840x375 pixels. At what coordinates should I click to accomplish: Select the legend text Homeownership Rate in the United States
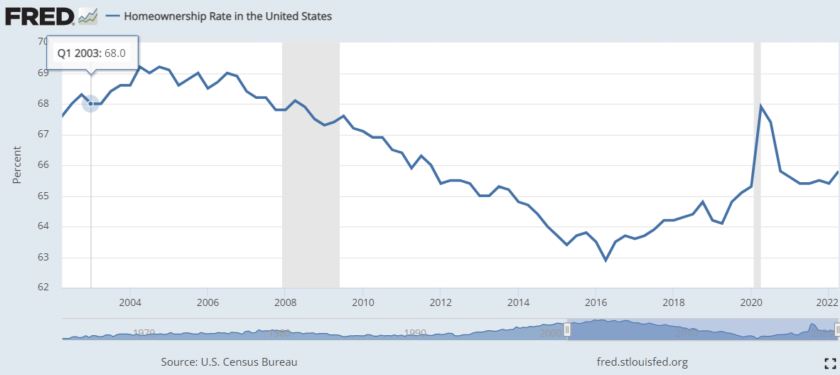227,16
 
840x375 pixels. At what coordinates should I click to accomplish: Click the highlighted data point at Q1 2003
91,104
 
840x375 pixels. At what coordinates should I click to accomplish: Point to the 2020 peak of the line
760,106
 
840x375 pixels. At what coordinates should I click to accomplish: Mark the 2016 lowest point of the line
605,260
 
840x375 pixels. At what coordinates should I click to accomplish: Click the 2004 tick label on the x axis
130,301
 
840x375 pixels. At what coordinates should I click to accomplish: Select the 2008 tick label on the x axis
285,301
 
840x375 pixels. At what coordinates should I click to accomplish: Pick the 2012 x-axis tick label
441,301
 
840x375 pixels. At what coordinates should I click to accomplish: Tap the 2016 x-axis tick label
596,301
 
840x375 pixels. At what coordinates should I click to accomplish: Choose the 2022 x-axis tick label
826,301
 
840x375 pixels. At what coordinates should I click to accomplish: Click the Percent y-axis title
17,165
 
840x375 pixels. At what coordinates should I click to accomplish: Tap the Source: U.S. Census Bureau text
229,362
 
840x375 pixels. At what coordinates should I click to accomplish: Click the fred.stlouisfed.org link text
642,362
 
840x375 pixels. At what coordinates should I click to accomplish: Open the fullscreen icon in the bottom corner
829,363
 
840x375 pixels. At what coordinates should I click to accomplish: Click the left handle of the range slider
567,329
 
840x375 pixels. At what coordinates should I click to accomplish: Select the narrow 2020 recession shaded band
757,164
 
